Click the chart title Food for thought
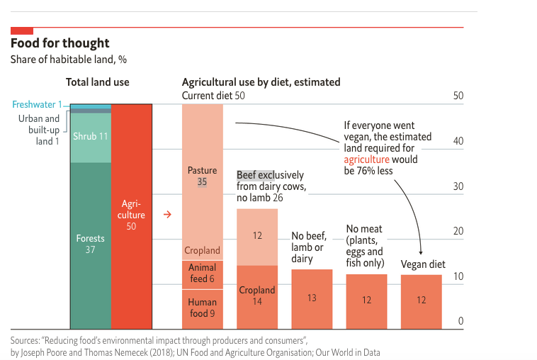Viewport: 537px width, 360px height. coord(60,44)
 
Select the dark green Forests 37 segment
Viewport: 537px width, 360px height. coord(90,244)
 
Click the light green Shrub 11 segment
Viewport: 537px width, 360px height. coord(90,137)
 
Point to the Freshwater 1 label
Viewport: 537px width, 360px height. coord(38,105)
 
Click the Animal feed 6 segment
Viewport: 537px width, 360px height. coord(202,274)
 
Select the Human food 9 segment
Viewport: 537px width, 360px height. coord(202,309)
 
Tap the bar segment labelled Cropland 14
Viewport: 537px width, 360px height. coord(256,296)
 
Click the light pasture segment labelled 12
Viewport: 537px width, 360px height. coord(256,236)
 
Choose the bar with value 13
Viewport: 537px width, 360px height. coord(312,299)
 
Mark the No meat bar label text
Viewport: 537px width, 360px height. coord(365,246)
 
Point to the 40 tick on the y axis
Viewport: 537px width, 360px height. coord(458,141)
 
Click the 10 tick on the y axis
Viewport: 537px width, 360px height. coord(458,276)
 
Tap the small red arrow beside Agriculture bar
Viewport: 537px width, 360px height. coord(168,214)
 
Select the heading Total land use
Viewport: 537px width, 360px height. coord(98,82)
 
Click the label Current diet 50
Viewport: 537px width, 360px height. coord(213,96)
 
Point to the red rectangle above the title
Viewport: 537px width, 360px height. coord(22,30)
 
